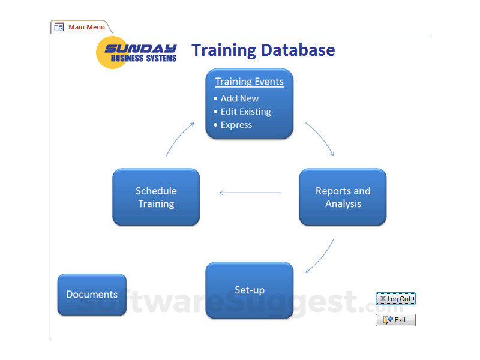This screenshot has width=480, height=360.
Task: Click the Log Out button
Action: [395, 299]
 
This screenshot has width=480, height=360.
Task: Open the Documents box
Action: [92, 295]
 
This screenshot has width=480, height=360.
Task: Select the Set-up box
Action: [250, 290]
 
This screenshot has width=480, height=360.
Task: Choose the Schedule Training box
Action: [156, 197]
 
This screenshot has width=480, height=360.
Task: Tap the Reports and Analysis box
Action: [343, 197]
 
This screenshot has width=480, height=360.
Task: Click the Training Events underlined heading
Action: [250, 82]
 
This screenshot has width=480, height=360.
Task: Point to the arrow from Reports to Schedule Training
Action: [250, 193]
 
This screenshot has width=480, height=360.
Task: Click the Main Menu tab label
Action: [86, 27]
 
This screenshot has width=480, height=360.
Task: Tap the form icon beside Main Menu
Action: [59, 27]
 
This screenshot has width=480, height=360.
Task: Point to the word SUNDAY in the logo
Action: [140, 49]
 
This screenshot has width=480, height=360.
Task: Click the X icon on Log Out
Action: [383, 298]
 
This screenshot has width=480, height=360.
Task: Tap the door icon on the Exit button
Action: [388, 320]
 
